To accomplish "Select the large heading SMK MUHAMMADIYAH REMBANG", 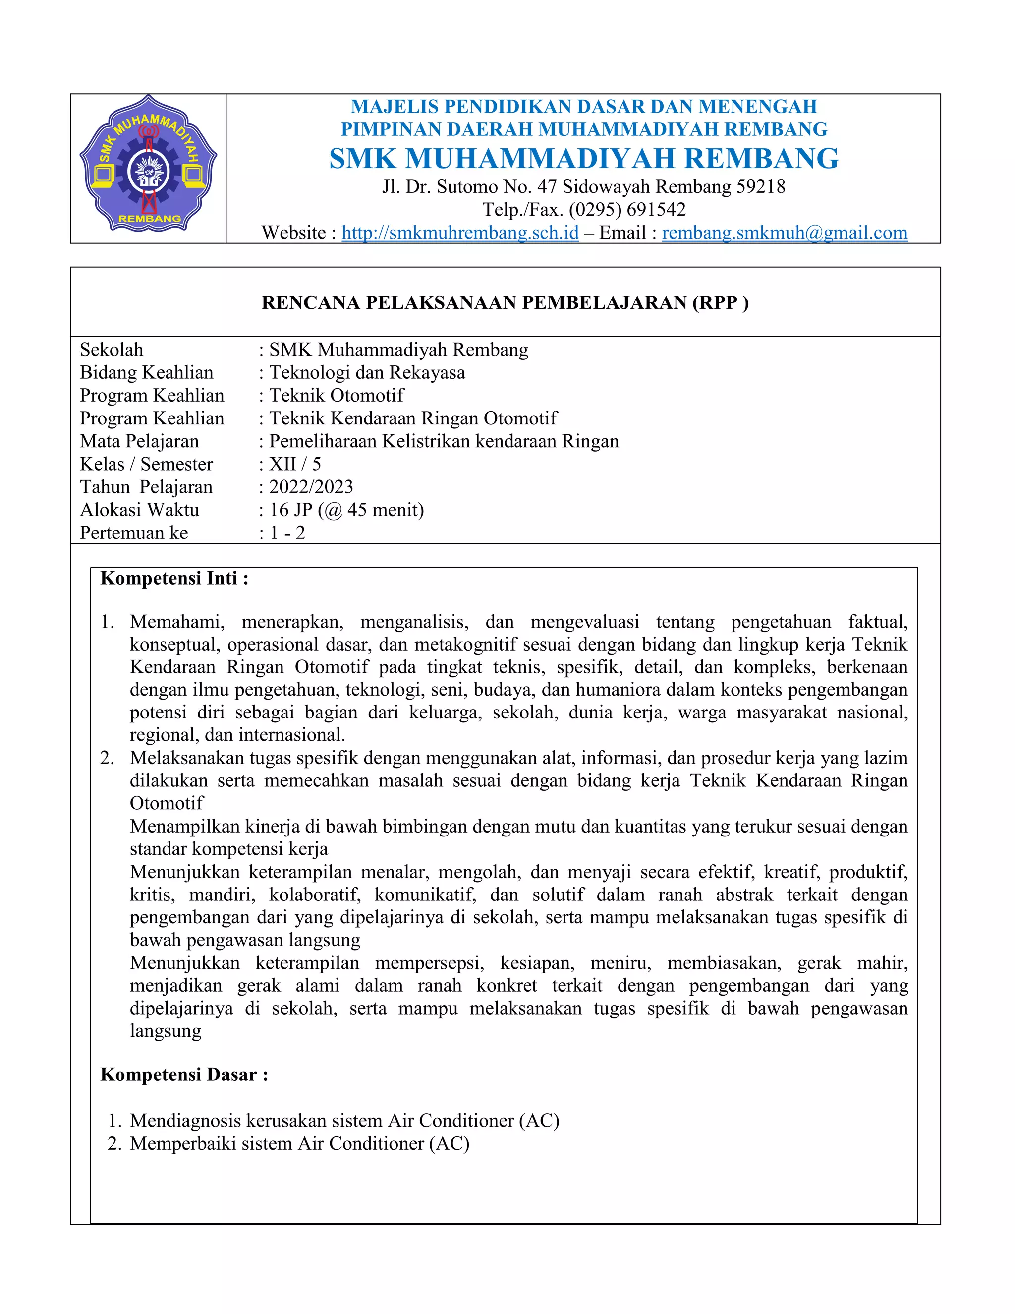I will (583, 158).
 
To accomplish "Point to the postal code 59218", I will (761, 186).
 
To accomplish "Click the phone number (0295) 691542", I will (627, 209).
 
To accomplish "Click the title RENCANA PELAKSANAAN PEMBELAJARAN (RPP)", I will (505, 302).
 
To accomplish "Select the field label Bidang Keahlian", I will (146, 372).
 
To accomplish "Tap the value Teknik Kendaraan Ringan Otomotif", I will (413, 418).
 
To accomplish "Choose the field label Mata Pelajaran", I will (139, 441).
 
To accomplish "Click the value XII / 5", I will (295, 464).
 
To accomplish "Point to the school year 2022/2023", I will (311, 487).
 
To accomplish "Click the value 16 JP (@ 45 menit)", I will (346, 510).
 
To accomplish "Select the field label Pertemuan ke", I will (133, 533).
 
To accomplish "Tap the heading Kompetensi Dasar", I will (184, 1074).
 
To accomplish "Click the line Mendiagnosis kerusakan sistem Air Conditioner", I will (344, 1120).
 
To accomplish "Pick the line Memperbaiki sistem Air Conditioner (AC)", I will (299, 1143).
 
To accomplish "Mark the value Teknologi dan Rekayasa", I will (367, 372).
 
